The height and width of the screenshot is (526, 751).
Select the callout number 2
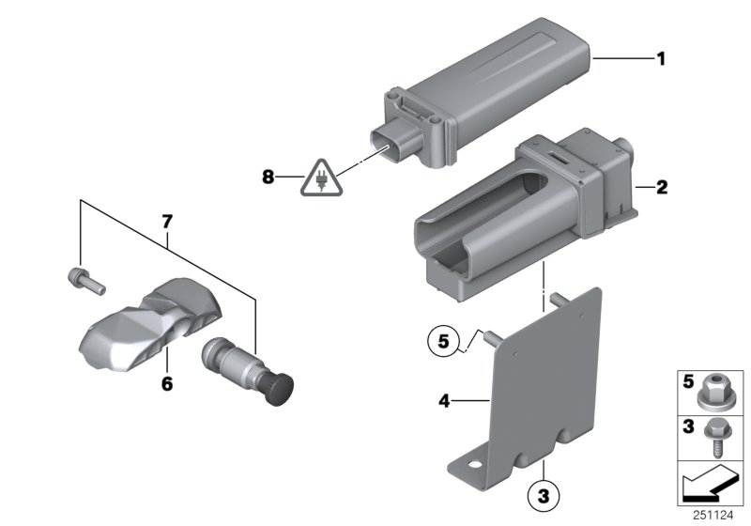coord(661,188)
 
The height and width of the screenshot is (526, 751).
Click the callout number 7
coord(167,222)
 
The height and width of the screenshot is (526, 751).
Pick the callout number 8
coord(268,175)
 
